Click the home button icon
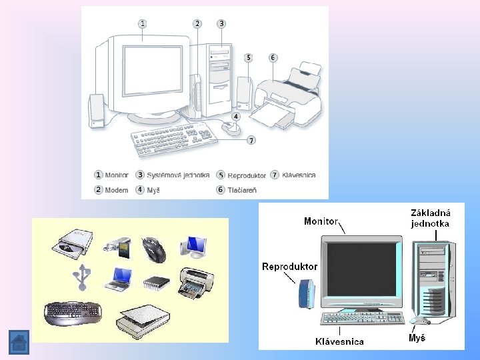19,343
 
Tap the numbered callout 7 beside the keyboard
251,140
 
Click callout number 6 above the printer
273,57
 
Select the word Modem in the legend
116,190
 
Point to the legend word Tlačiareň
242,190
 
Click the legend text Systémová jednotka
177,175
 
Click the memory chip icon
156,283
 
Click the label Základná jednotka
430,218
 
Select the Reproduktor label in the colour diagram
290,267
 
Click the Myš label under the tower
417,338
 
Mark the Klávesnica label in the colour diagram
339,341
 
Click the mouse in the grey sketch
231,128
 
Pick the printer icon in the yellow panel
195,283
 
